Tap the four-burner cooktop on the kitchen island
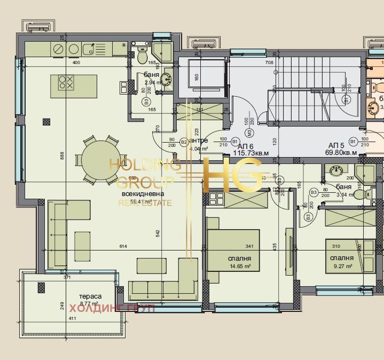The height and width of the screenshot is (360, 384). point(66,82)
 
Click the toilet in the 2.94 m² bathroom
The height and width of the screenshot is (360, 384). point(142,55)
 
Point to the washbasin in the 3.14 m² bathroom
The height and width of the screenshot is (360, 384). point(336,171)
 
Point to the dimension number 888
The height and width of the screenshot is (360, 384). point(62,155)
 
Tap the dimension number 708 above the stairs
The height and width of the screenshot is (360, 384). point(270,62)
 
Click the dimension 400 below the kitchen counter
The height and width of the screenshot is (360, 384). point(76,62)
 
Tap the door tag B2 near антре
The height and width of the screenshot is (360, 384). point(183,142)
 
